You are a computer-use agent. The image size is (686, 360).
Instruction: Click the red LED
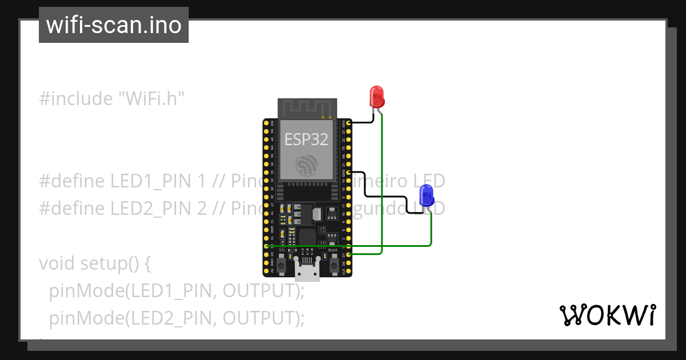[x=377, y=97]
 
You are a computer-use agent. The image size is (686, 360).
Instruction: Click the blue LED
[x=426, y=195]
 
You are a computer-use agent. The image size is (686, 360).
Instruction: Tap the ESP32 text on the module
[x=306, y=139]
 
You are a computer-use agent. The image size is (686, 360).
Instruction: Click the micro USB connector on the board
[x=308, y=270]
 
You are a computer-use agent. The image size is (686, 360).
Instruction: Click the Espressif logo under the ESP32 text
[x=306, y=166]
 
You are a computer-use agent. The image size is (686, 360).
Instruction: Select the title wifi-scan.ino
[x=114, y=25]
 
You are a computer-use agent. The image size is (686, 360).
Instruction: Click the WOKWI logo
[x=607, y=315]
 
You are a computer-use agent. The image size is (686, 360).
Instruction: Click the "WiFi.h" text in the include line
[x=151, y=99]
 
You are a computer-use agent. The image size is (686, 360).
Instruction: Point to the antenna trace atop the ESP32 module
[x=306, y=106]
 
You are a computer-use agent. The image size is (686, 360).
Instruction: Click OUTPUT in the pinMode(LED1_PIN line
[x=261, y=291]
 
